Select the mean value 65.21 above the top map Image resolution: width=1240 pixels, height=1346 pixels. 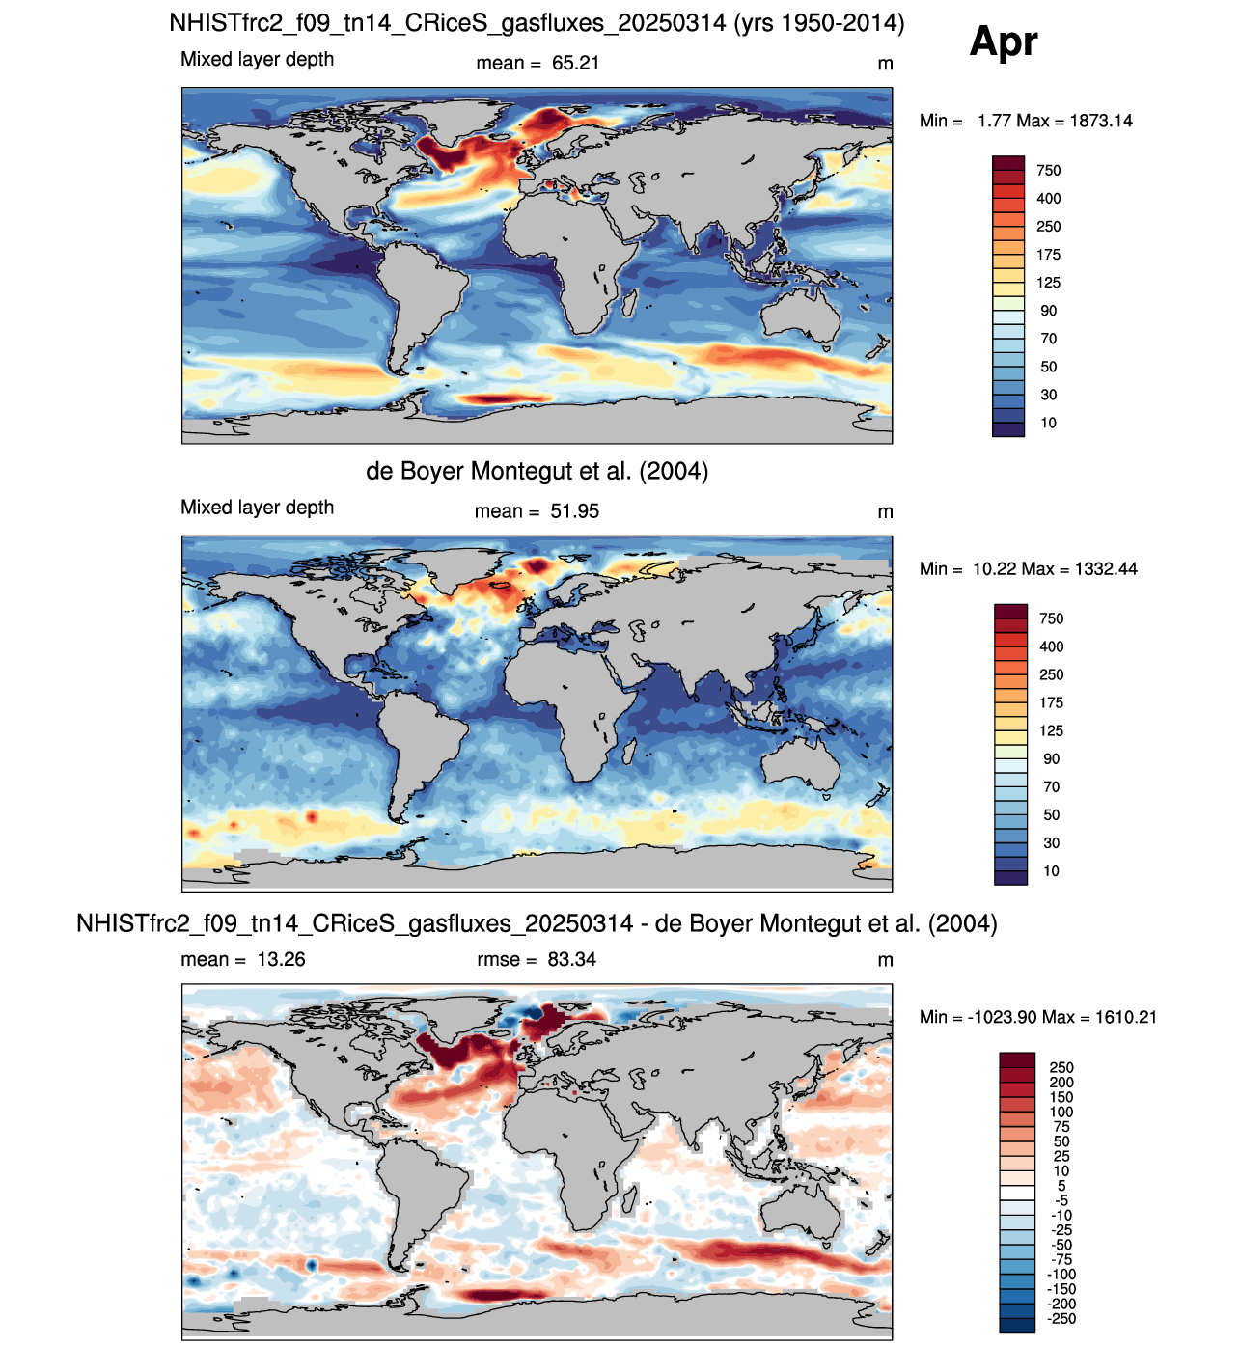pyautogui.click(x=575, y=63)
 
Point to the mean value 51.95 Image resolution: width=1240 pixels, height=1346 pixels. pyautogui.click(x=575, y=511)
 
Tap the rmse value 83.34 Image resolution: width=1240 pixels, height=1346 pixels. pyautogui.click(x=571, y=959)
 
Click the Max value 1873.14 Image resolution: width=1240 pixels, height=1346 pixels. pyautogui.click(x=1101, y=121)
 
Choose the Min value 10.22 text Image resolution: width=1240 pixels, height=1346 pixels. pyautogui.click(x=996, y=569)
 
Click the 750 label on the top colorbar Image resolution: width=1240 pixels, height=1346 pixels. pyautogui.click(x=1048, y=171)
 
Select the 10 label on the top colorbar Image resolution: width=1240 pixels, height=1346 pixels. pyautogui.click(x=1048, y=423)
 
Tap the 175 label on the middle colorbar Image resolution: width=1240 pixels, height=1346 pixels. pyautogui.click(x=1051, y=702)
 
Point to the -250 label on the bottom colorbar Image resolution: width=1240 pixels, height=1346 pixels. pyautogui.click(x=1061, y=1318)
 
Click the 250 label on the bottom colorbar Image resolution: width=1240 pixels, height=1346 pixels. pyautogui.click(x=1061, y=1067)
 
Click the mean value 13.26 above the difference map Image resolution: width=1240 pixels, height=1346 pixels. pyautogui.click(x=281, y=959)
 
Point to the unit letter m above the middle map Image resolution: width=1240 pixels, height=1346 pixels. pyautogui.click(x=885, y=512)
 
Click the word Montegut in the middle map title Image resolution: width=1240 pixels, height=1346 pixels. pyautogui.click(x=521, y=471)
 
